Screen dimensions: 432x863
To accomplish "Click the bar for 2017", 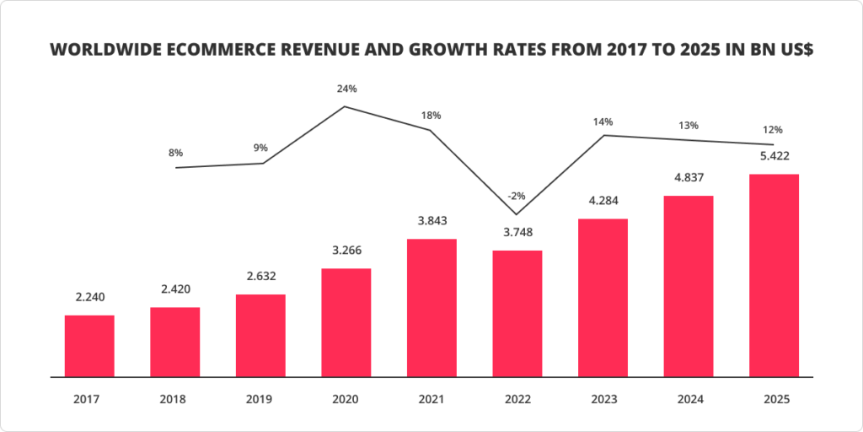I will click(x=89, y=346).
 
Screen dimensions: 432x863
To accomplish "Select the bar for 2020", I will click(x=346, y=322).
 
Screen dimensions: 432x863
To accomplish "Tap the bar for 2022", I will click(x=517, y=313).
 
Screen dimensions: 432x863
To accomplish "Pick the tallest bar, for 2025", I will click(x=774, y=275).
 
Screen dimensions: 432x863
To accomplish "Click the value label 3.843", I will click(x=431, y=221).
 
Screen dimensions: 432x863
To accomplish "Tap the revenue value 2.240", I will click(x=89, y=297).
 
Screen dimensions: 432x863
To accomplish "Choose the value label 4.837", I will click(x=688, y=178).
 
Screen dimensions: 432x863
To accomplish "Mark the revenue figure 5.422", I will click(x=774, y=156).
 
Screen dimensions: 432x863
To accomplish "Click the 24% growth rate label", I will click(x=346, y=89).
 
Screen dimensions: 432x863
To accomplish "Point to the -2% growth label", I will click(x=517, y=196).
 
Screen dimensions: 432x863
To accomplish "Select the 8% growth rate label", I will click(x=175, y=153).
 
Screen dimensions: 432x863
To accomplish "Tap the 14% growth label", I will click(x=603, y=121).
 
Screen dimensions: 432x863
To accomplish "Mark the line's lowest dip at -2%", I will click(x=517, y=214).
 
